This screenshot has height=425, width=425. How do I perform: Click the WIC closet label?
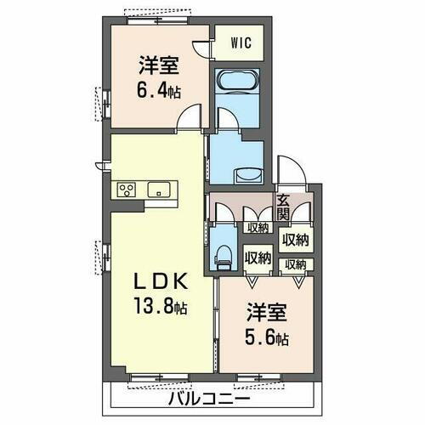(238, 41)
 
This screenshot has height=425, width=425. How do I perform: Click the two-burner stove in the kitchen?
(129, 190)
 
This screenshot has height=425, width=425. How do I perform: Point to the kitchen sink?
(158, 190)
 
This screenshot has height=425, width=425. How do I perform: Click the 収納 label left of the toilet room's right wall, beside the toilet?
(258, 255)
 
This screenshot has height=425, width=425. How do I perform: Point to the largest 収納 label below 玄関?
(295, 239)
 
